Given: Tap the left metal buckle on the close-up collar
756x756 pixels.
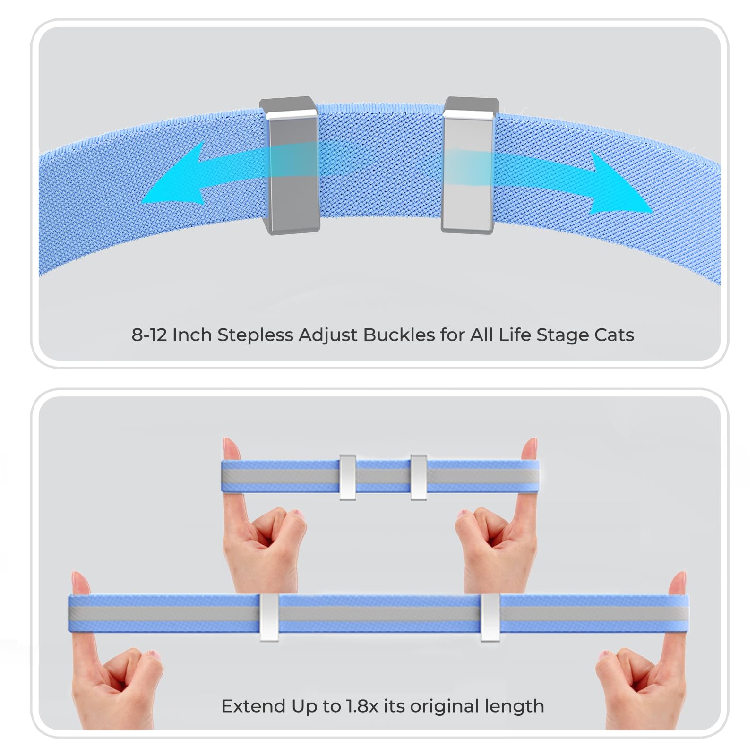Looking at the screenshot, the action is coord(289,165).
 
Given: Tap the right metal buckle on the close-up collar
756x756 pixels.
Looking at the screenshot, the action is coord(469,165).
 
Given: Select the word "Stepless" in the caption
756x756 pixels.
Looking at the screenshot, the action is coord(255,335).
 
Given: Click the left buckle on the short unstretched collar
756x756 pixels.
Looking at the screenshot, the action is coord(347,477).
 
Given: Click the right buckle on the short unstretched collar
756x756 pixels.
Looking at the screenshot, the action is coord(419,477).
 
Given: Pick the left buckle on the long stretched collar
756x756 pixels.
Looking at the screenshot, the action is coord(269,618).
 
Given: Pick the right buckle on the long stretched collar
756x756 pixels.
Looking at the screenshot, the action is coord(490,618).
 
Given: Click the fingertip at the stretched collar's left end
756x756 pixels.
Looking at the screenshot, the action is coord(80,583).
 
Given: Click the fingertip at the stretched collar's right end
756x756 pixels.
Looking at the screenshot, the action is coord(678,583).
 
